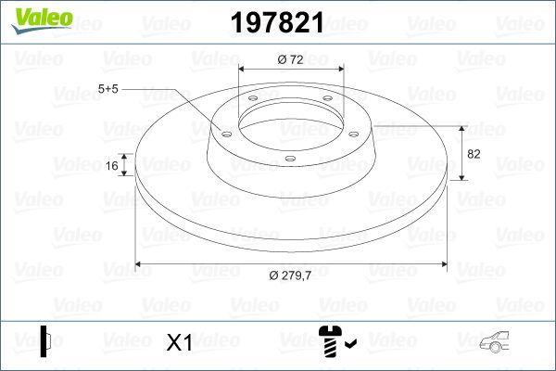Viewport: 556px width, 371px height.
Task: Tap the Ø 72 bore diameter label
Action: tap(291, 59)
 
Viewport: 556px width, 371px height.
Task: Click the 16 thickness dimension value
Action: tap(112, 166)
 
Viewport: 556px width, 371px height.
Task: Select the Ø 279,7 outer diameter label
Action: tap(290, 275)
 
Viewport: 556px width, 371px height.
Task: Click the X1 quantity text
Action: tap(178, 343)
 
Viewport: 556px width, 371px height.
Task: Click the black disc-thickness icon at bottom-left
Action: tap(44, 340)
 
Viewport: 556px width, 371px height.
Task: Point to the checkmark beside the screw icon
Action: tap(349, 345)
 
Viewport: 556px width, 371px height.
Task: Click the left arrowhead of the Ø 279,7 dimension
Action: tap(140, 264)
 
